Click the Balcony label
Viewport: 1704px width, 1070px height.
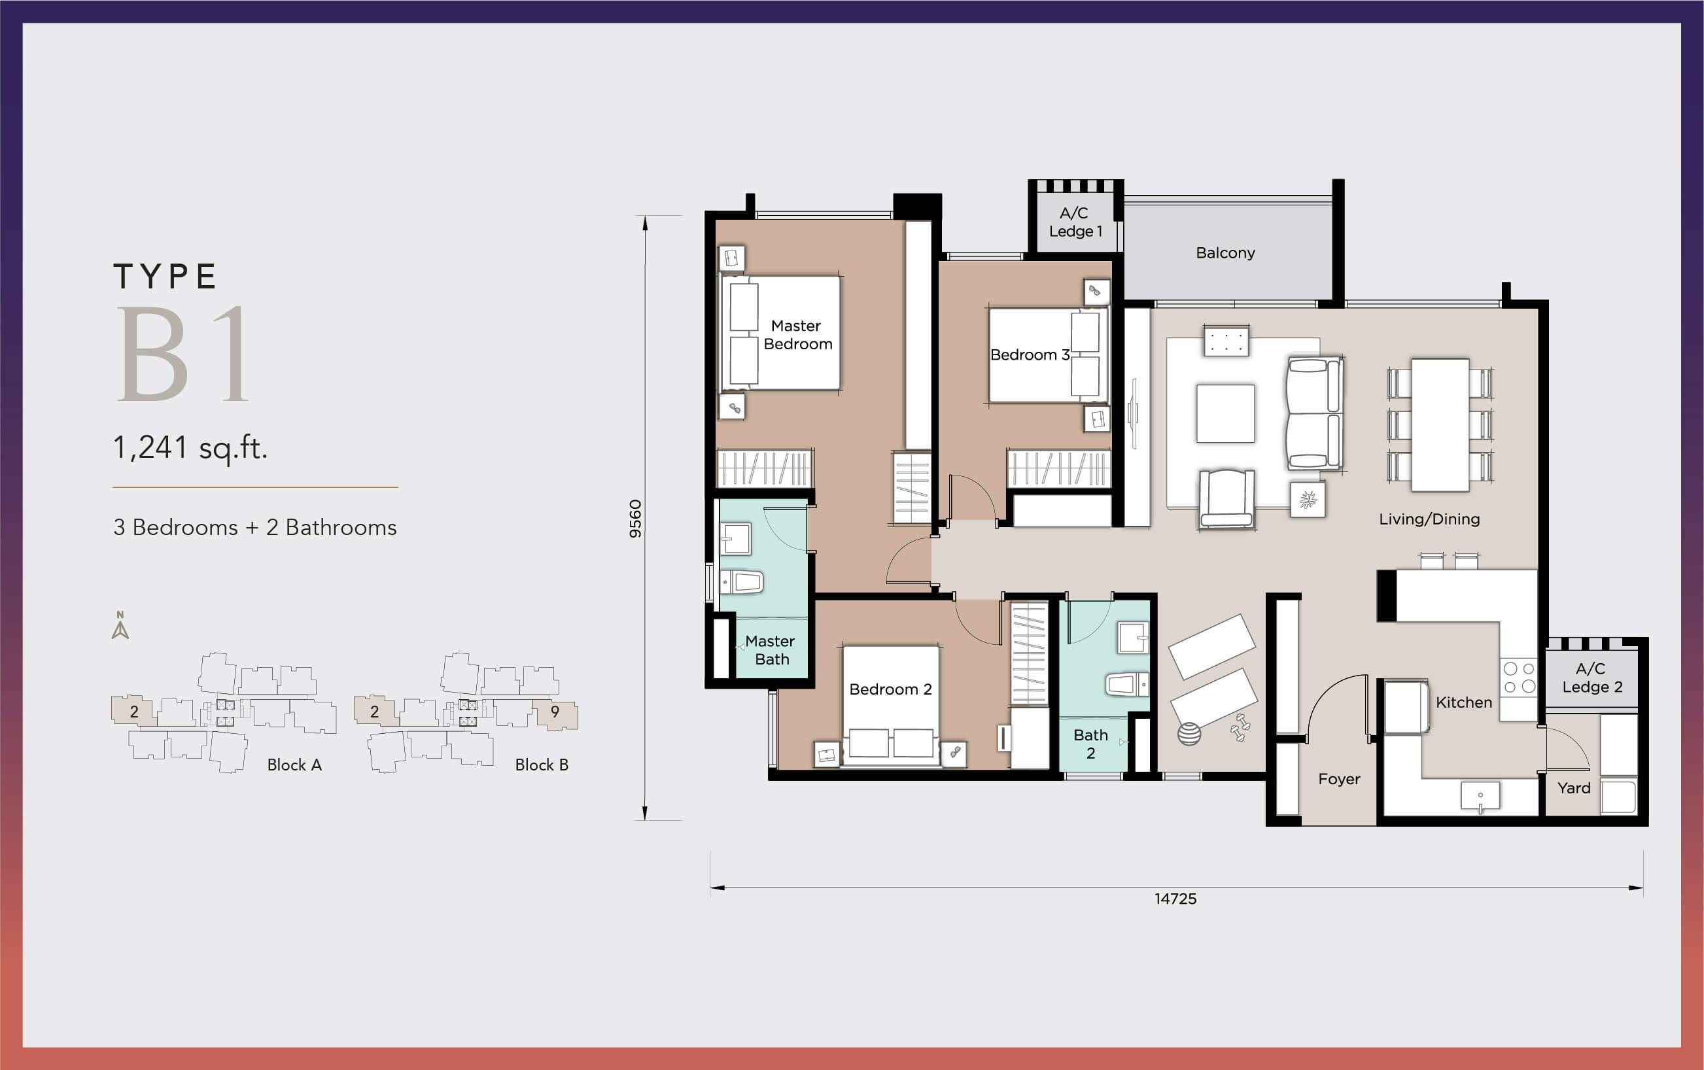click(1225, 252)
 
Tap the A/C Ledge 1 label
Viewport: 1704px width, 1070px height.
click(1075, 222)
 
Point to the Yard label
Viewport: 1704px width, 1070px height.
click(1574, 787)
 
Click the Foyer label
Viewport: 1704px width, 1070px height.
click(1339, 778)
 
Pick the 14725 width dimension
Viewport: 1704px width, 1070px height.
click(1175, 899)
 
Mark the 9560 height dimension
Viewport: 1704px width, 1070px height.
click(635, 519)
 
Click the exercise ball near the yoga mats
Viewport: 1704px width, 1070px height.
click(1189, 734)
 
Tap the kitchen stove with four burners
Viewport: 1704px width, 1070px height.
click(1519, 677)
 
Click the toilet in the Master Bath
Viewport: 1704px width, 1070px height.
click(741, 582)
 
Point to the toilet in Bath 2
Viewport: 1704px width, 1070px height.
click(1126, 684)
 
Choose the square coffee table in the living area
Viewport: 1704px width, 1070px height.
click(1225, 413)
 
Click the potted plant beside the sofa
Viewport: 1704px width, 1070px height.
click(1307, 500)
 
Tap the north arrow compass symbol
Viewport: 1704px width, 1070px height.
click(120, 625)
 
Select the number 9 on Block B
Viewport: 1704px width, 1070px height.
click(555, 711)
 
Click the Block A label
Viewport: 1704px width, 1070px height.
click(294, 765)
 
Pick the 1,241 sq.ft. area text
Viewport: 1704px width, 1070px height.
click(190, 448)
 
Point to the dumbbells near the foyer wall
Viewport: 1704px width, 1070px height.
click(1240, 727)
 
